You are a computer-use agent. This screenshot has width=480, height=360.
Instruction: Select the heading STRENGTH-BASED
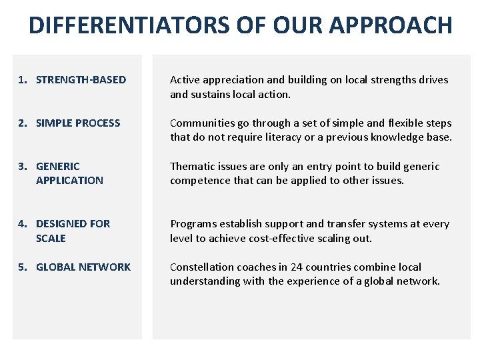(81, 80)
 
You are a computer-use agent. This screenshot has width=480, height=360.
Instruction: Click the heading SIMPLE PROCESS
(78, 123)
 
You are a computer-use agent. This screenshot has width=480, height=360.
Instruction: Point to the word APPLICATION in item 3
(69, 181)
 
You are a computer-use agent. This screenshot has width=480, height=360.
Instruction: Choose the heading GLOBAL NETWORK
(83, 267)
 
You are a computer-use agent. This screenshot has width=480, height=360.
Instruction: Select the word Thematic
(193, 166)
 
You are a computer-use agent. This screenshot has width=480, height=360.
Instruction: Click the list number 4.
(22, 224)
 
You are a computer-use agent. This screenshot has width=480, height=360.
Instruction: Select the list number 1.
(22, 80)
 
